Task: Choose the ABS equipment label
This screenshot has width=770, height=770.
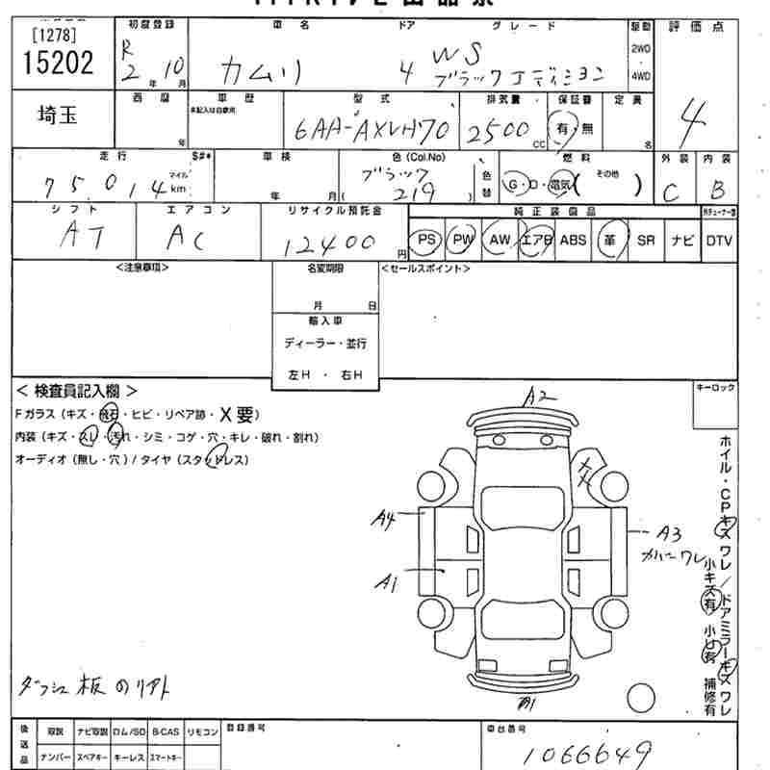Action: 573,240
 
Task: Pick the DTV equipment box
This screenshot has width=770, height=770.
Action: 718,240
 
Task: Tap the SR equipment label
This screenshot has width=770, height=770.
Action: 646,240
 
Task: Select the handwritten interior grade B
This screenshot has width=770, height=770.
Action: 715,190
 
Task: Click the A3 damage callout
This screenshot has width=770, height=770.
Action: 669,532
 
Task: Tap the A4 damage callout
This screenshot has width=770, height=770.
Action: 386,521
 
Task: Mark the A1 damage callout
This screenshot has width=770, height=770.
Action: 388,581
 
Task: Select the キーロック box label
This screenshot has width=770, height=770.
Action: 714,387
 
